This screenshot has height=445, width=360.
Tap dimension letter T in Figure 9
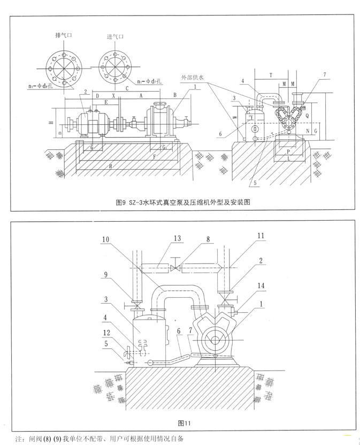click(271, 76)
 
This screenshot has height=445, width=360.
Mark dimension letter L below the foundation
click(289, 160)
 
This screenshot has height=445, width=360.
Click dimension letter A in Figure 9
click(140, 95)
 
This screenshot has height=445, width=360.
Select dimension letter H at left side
click(50, 123)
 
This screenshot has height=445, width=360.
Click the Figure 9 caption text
click(183, 203)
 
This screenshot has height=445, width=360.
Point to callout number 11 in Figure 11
click(260, 236)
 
